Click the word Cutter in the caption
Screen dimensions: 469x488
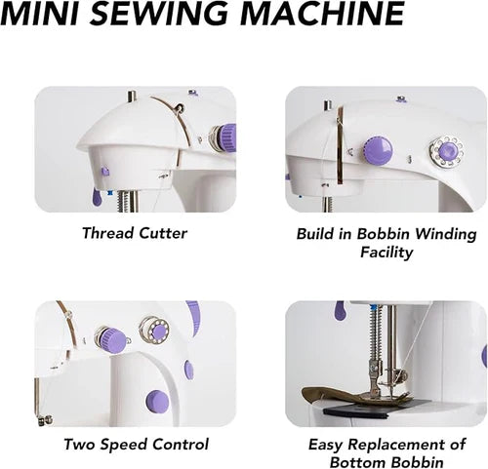(x=162, y=233)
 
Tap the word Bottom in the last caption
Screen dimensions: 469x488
(x=358, y=461)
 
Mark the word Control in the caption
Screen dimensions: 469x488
(x=182, y=444)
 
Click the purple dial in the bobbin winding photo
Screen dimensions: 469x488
(x=378, y=150)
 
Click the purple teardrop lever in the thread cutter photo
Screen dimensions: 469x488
(x=96, y=197)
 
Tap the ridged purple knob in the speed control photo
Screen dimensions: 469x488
(x=105, y=338)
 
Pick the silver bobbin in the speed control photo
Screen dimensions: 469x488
(x=153, y=329)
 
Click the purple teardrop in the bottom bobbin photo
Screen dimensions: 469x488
(x=338, y=311)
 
